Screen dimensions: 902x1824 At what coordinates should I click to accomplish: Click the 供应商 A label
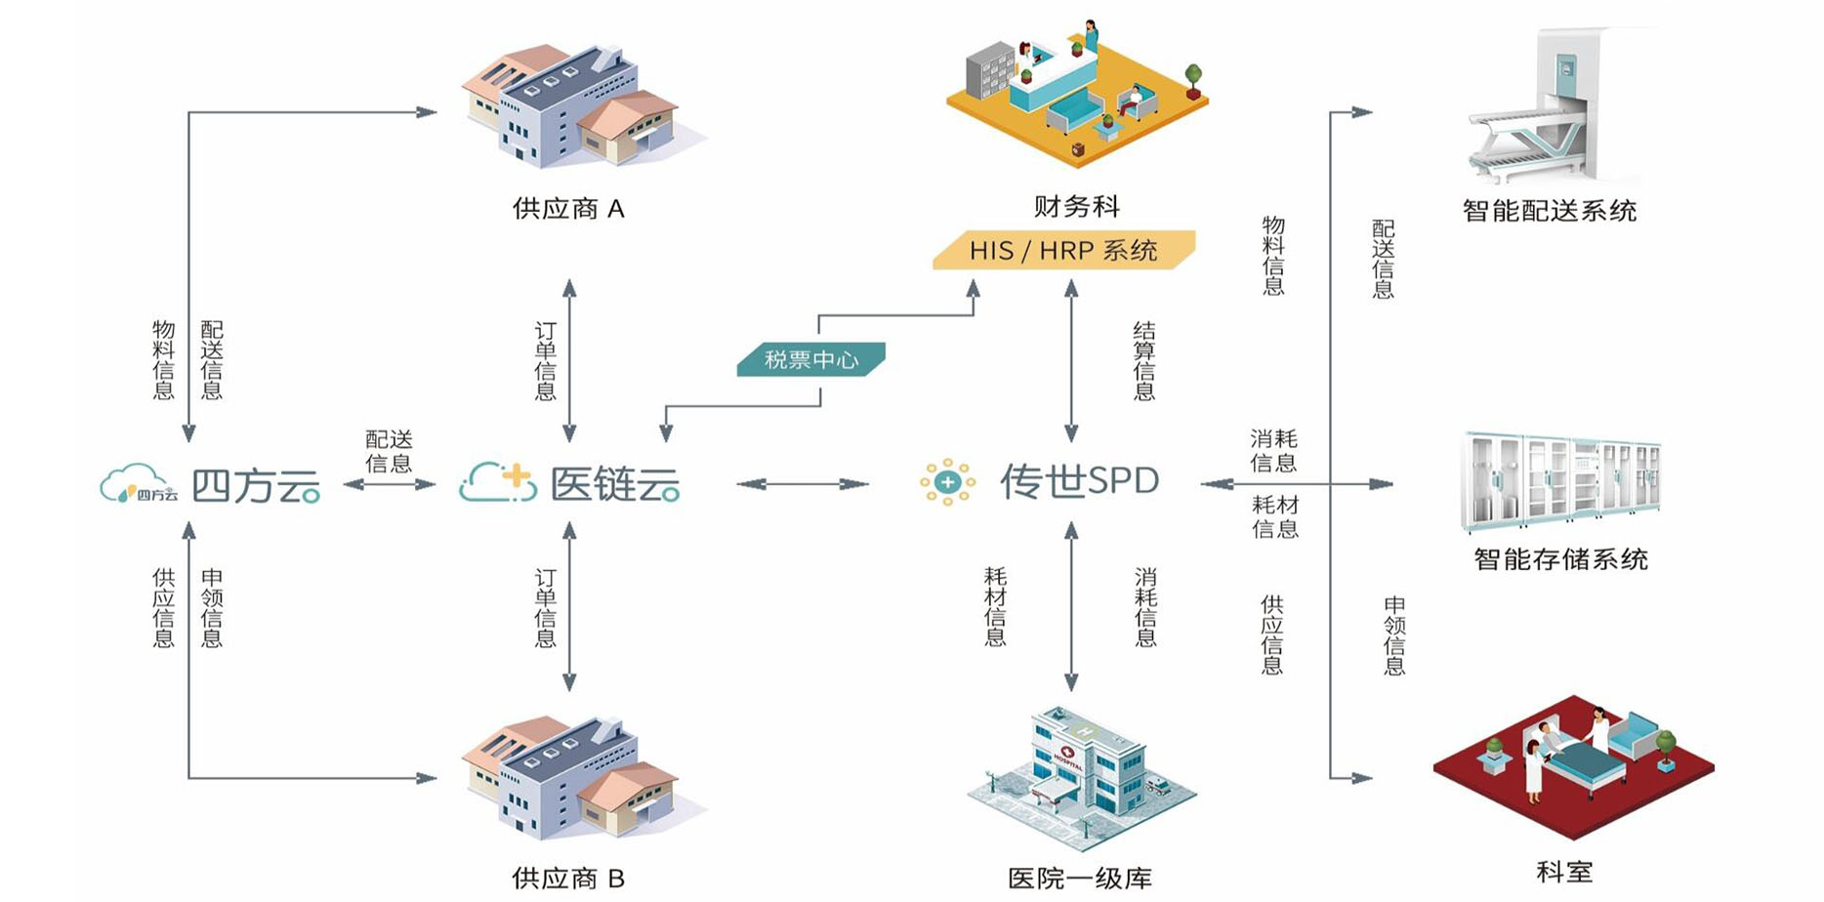point(567,209)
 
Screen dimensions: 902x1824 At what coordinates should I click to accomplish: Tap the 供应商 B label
point(567,878)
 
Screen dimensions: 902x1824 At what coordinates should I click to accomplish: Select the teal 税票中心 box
point(810,359)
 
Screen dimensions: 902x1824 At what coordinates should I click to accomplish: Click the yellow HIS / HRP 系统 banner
point(1063,251)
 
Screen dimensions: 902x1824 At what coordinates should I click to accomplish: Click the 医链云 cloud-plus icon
point(497,483)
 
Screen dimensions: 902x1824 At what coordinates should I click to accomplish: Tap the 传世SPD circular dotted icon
point(947,482)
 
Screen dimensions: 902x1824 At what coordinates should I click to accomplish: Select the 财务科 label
point(1076,206)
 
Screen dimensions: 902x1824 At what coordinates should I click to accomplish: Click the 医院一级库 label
point(1079,878)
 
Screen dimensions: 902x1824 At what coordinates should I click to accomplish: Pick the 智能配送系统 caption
point(1549,211)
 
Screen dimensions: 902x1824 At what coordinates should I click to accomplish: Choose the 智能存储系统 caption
point(1560,559)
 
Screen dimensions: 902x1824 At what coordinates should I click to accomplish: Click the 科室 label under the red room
point(1564,872)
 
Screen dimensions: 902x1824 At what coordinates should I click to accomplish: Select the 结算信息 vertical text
point(1143,361)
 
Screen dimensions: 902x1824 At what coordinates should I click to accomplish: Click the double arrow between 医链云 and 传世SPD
point(803,484)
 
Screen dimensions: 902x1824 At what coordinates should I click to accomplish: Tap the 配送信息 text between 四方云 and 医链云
point(389,451)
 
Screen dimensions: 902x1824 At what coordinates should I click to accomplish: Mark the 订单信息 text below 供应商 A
point(545,361)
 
